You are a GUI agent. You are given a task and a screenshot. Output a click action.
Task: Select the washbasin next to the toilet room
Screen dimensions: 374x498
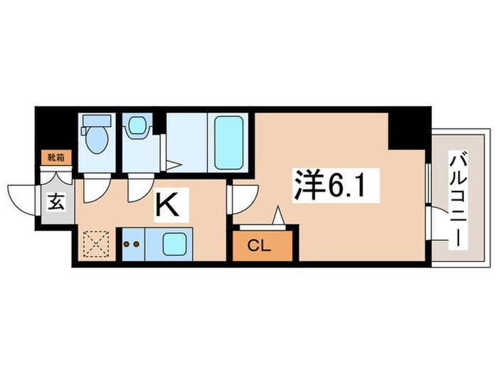[x=137, y=128]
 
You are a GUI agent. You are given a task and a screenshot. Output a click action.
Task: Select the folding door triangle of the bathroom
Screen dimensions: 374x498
[x=172, y=166]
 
